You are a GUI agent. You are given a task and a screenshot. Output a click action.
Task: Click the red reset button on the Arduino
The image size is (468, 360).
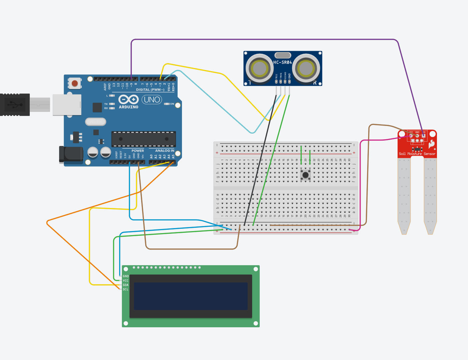(75, 83)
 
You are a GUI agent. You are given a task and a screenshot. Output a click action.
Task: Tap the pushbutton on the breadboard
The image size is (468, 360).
(305, 175)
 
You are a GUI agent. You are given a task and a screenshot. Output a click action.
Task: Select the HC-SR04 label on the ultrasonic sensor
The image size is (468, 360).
(282, 62)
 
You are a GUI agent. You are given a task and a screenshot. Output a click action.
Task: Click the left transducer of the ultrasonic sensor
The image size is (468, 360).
(260, 68)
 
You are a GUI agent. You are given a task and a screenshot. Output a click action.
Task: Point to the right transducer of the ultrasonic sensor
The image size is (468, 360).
(306, 68)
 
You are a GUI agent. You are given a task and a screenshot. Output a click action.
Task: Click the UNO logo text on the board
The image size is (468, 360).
(152, 100)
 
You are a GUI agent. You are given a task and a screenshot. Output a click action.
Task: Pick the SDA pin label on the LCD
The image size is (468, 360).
(126, 285)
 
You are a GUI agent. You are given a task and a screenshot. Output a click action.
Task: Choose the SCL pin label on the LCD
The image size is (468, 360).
(126, 289)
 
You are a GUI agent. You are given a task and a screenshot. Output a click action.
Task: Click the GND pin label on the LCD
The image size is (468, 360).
(126, 276)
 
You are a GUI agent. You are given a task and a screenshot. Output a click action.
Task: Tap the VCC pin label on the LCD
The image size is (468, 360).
(126, 281)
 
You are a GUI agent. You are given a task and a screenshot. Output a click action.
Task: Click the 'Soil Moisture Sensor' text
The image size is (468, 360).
(417, 154)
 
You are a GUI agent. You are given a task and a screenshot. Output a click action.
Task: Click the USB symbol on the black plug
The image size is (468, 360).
(14, 105)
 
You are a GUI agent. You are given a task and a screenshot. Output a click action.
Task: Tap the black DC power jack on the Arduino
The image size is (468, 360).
(71, 154)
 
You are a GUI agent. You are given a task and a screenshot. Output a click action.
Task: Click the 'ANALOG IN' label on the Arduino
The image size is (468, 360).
(165, 151)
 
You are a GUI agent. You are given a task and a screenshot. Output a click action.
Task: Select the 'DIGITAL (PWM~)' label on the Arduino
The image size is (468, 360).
(150, 90)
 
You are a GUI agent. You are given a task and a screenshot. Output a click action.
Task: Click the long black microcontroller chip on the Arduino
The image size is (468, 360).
(144, 139)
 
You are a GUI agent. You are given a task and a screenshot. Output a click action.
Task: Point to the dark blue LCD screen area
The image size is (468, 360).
(191, 296)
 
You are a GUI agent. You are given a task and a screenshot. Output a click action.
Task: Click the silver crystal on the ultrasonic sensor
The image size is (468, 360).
(283, 55)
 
